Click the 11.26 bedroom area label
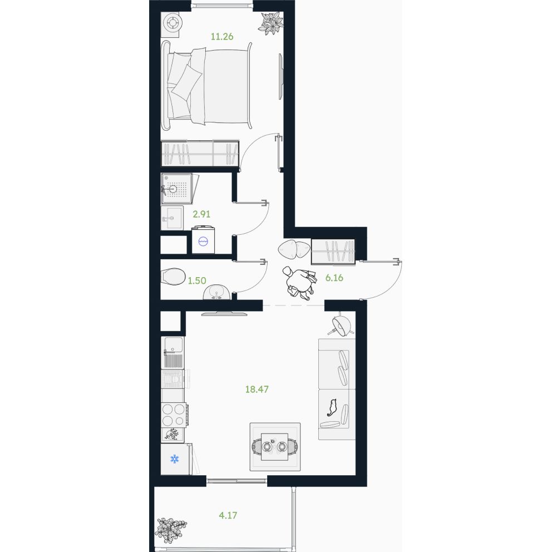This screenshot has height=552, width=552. click(222, 37)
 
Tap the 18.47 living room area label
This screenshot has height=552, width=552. click(257, 390)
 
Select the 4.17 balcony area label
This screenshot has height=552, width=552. click(228, 515)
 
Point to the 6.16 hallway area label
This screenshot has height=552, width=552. click(334, 278)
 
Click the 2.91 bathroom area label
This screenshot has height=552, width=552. click(201, 214)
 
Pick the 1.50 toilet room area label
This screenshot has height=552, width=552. click(197, 280)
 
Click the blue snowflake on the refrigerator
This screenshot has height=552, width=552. click(175, 459)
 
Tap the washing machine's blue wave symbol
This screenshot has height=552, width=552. click(204, 241)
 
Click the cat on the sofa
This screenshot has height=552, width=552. click(332, 408)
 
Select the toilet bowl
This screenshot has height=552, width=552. click(173, 277)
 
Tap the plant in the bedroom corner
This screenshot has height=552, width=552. click(272, 23)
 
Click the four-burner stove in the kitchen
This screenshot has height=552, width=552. click(174, 415)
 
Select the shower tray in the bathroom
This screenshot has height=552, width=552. click(177, 189)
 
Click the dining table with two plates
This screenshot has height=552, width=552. click(274, 446)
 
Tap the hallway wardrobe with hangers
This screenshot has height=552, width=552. click(333, 252)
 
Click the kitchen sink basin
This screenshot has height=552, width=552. click(172, 344)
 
